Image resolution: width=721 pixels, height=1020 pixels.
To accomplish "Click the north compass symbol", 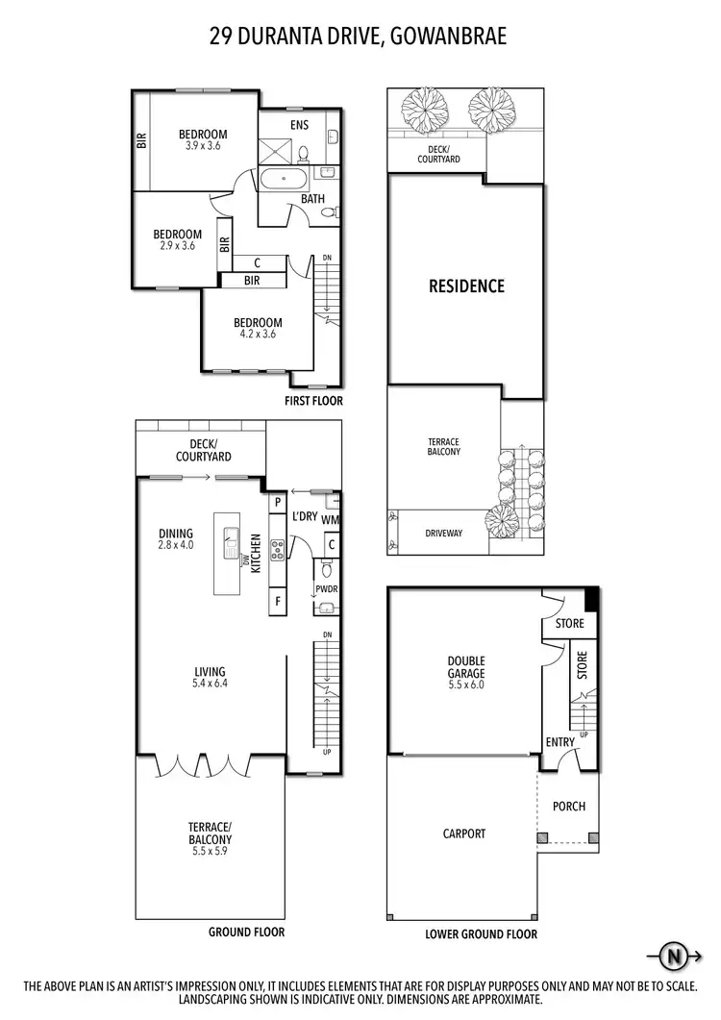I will tap(676, 956).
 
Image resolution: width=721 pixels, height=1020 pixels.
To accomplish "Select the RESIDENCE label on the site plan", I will tap(466, 286).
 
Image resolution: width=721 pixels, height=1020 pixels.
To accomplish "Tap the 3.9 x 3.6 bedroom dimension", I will tap(203, 146).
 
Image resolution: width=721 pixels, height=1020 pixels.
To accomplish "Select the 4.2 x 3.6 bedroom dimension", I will tap(259, 335).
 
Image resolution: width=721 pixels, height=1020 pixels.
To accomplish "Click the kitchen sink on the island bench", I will tap(232, 543).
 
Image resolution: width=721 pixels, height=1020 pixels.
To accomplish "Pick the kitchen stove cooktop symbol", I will tap(277, 549).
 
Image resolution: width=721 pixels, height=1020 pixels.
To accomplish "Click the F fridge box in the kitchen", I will tap(278, 601).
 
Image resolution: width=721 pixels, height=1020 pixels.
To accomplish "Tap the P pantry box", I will tap(278, 501).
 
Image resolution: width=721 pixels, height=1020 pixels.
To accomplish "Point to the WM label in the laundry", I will tap(331, 520).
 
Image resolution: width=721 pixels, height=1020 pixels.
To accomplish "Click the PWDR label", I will tap(325, 589).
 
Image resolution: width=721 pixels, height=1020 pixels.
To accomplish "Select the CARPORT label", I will tap(464, 834).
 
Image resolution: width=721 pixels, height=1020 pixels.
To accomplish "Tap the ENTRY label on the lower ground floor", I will tap(560, 741).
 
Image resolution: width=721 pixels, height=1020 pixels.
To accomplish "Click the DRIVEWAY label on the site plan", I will tap(443, 532).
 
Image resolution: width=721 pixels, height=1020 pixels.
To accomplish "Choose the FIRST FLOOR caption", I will tap(313, 401).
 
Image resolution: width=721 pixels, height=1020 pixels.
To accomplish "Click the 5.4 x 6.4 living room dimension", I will tap(209, 684).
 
